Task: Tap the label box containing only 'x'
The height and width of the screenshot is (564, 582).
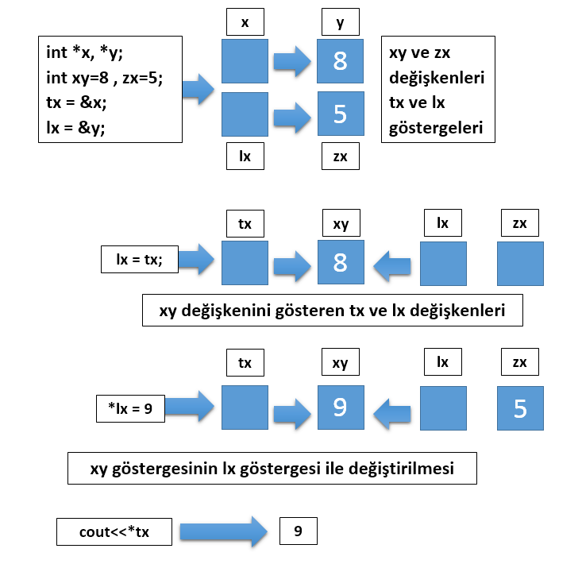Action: pyautogui.click(x=245, y=23)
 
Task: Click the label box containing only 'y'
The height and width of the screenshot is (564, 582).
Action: pyautogui.click(x=340, y=23)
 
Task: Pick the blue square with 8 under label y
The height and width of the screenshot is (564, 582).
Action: pyautogui.click(x=340, y=61)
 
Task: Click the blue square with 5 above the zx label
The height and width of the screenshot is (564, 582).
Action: pyautogui.click(x=340, y=115)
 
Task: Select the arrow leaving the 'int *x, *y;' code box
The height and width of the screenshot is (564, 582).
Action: pyautogui.click(x=198, y=88)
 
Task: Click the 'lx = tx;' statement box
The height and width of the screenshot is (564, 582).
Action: pyautogui.click(x=140, y=259)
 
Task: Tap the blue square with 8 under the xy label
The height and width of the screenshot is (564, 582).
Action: pyautogui.click(x=340, y=263)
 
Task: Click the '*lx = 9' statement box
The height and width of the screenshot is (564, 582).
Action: pyautogui.click(x=130, y=408)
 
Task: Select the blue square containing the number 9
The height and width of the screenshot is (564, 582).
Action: pyautogui.click(x=340, y=408)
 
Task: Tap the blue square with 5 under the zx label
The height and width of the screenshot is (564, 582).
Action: pyautogui.click(x=520, y=409)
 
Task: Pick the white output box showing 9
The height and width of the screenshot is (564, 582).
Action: pyautogui.click(x=298, y=531)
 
